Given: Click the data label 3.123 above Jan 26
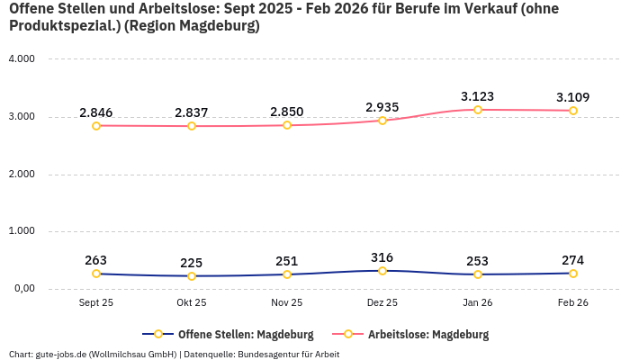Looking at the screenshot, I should click(x=477, y=96).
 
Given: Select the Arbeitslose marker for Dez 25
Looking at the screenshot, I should click(x=382, y=121).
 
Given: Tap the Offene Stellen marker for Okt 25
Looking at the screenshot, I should click(x=192, y=276).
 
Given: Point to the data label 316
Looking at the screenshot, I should click(x=382, y=257).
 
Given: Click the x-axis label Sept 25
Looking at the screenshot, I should click(x=96, y=303).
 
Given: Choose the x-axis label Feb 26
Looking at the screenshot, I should click(x=573, y=303).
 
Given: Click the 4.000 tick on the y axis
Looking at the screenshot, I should click(x=21, y=59).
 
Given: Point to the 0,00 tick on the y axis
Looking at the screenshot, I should click(x=22, y=289).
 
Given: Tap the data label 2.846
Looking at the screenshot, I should click(x=96, y=112).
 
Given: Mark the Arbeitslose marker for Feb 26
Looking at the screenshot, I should click(x=573, y=111).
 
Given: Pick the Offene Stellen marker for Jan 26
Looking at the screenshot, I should click(x=478, y=274).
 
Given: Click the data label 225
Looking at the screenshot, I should click(x=192, y=263).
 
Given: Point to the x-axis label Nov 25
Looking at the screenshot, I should click(x=287, y=303).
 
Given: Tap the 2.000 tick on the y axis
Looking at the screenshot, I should click(x=21, y=174).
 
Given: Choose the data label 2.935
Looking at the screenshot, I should click(x=382, y=107).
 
